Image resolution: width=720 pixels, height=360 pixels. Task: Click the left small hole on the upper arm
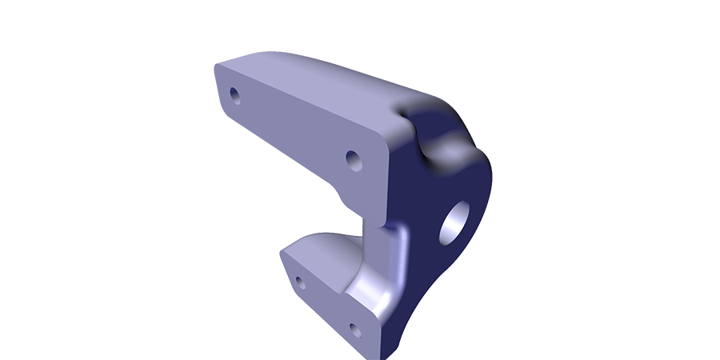click(234, 95)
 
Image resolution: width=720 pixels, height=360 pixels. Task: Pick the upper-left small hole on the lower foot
click(301, 282)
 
